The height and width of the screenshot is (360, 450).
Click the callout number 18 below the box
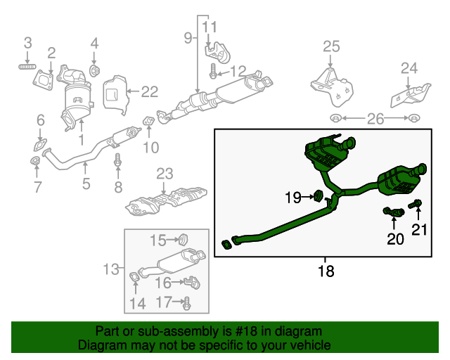click(x=326, y=270)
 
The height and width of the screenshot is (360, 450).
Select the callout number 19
click(x=292, y=198)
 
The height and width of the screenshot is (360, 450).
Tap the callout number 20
click(x=396, y=239)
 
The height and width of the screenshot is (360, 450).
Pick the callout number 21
click(x=419, y=229)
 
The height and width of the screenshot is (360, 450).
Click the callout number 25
click(x=331, y=47)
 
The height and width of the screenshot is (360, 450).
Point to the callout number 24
click(x=409, y=68)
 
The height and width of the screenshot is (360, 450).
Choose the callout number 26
click(x=375, y=120)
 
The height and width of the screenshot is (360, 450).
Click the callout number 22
click(x=149, y=91)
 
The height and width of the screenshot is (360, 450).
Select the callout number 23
click(x=164, y=173)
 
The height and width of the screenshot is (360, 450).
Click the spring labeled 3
click(x=27, y=67)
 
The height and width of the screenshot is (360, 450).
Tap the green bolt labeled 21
click(x=418, y=205)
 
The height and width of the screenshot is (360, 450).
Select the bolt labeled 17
click(x=187, y=303)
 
